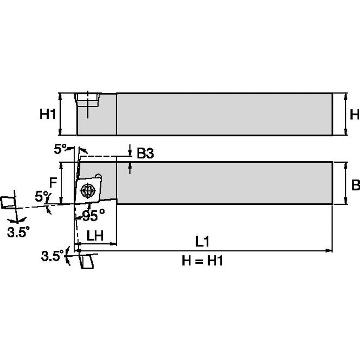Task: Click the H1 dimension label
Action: point(48,114)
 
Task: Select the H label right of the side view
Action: point(355,114)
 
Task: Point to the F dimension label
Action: point(53,183)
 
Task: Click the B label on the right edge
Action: point(355,185)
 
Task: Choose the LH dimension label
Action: point(95,236)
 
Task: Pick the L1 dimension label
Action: point(202,242)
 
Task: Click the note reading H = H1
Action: point(202,261)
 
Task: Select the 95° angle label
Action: point(93,216)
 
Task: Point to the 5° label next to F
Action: point(42,196)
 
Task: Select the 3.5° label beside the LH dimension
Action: point(52,255)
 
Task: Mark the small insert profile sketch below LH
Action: point(87,261)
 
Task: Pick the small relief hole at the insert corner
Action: point(99,176)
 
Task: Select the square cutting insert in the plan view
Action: point(88,191)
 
